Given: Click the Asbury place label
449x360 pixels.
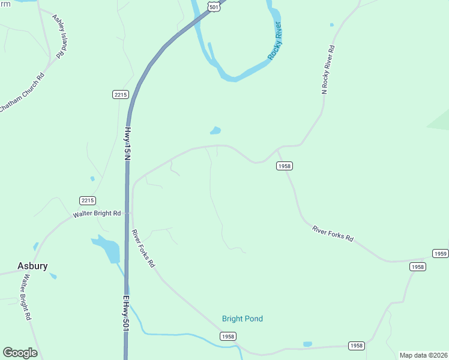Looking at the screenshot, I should click(32, 266).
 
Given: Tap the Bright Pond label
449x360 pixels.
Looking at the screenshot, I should click(243, 319).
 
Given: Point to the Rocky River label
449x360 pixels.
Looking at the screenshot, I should click(276, 41).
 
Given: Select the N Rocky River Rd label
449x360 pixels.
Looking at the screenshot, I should click(328, 69).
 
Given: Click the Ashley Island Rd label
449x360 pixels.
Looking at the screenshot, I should click(58, 37).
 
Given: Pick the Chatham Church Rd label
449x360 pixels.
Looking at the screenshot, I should click(22, 92).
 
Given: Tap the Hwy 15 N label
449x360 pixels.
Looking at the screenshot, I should click(127, 143).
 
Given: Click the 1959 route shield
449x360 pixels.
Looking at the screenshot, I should click(441, 254).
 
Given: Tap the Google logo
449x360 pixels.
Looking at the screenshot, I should click(20, 353).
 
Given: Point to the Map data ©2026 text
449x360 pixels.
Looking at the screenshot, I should click(423, 355).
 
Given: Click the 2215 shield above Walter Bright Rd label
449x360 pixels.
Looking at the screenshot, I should click(87, 200).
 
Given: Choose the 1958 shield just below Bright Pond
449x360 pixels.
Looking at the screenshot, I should click(228, 337).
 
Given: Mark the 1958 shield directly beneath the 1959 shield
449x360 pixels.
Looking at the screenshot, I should click(418, 266).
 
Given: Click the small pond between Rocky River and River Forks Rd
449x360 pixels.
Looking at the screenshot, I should click(215, 130).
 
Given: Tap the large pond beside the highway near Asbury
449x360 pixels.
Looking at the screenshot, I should click(106, 248).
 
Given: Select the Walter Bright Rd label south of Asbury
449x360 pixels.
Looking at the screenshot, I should click(26, 298).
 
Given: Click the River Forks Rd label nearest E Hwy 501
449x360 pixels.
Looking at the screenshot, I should click(143, 248).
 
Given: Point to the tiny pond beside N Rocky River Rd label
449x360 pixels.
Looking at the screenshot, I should click(331, 25).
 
